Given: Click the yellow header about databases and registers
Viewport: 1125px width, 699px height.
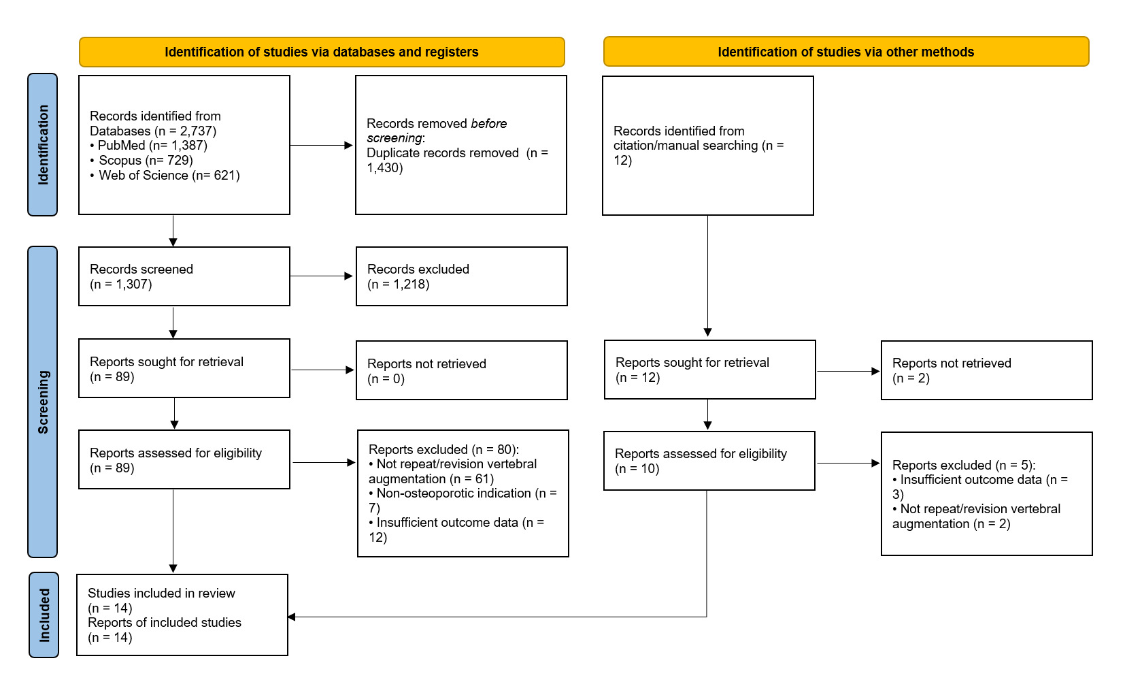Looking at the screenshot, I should [321, 52].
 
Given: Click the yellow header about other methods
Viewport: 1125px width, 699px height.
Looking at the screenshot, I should [845, 52].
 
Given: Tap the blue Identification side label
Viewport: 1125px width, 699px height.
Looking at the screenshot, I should [43, 144].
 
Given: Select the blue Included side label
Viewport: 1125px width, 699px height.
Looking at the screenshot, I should [44, 615].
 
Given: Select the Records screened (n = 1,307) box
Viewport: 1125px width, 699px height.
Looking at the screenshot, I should [184, 276].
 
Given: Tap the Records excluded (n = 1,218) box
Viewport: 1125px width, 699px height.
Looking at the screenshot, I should [461, 276].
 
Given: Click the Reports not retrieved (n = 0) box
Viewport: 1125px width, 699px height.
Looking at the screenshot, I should [461, 370].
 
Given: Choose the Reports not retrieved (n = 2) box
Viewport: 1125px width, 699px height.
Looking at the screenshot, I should [986, 370].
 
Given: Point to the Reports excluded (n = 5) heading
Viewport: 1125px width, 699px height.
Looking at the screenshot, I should [963, 466].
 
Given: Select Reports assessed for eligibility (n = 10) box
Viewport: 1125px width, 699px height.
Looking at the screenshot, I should [709, 461].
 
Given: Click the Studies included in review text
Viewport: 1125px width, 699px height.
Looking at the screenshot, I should [161, 594].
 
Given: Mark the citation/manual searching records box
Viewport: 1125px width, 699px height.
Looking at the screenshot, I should [707, 146].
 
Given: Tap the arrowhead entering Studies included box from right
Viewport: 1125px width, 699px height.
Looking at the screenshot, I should [292, 617].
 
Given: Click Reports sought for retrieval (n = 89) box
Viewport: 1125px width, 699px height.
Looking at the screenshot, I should [184, 369].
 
